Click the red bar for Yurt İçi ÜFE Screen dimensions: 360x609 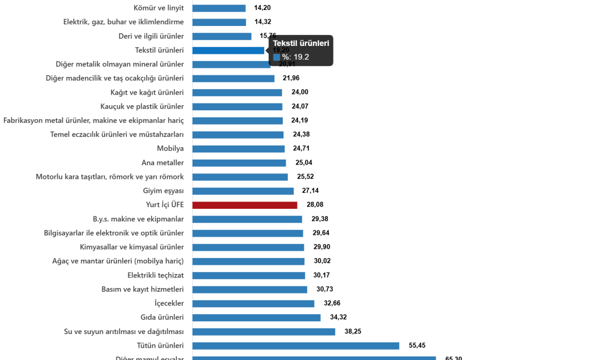click(245, 205)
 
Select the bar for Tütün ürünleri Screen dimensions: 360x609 click(296, 346)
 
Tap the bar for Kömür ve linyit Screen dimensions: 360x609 click(219, 8)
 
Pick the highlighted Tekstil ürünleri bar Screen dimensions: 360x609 click(229, 50)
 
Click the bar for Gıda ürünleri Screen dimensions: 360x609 click(257, 317)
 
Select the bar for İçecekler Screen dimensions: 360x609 click(254, 304)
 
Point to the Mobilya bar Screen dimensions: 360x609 click(239, 149)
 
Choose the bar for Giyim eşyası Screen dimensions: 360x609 click(243, 191)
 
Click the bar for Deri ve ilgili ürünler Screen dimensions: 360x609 click(222, 36)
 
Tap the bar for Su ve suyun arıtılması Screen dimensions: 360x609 click(264, 332)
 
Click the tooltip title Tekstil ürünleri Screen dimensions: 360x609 click(301, 43)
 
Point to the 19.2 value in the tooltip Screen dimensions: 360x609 click(301, 56)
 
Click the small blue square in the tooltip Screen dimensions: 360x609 click(276, 56)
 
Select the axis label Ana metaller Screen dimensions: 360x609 click(162, 163)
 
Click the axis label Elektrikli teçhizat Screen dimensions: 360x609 click(156, 275)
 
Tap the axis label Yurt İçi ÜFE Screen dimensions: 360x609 click(164, 205)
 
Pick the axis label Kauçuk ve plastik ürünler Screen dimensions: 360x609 click(142, 106)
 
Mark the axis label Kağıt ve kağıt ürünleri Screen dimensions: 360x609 click(147, 92)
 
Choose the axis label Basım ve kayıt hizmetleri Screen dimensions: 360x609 click(142, 289)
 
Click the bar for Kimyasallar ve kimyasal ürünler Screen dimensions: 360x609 click(249, 247)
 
